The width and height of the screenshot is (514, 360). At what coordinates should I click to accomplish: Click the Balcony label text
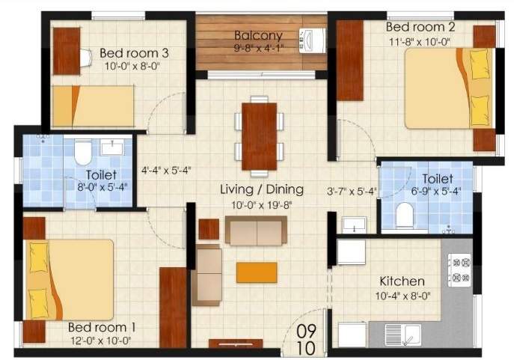pyautogui.click(x=257, y=35)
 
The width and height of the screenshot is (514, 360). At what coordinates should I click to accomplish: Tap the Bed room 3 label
pyautogui.click(x=134, y=52)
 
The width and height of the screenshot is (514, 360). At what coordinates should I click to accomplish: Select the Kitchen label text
pyautogui.click(x=403, y=281)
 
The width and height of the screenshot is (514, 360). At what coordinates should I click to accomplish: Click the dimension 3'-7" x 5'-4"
pyautogui.click(x=352, y=191)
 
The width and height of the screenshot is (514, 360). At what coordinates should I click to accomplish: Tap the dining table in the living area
pyautogui.click(x=259, y=135)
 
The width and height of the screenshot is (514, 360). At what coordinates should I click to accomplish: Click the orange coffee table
pyautogui.click(x=257, y=272)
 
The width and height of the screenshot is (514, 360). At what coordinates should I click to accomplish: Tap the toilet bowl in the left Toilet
pyautogui.click(x=82, y=153)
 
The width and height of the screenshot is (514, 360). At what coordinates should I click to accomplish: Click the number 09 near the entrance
pyautogui.click(x=306, y=329)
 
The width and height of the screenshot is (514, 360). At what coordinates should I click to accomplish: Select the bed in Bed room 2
pyautogui.click(x=449, y=88)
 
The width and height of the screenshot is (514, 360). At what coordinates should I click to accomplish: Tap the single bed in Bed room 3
pyautogui.click(x=93, y=106)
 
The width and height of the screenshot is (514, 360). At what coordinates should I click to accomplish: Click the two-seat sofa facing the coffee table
pyautogui.click(x=256, y=232)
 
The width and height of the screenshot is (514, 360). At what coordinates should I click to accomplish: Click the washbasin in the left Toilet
pyautogui.click(x=112, y=147)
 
